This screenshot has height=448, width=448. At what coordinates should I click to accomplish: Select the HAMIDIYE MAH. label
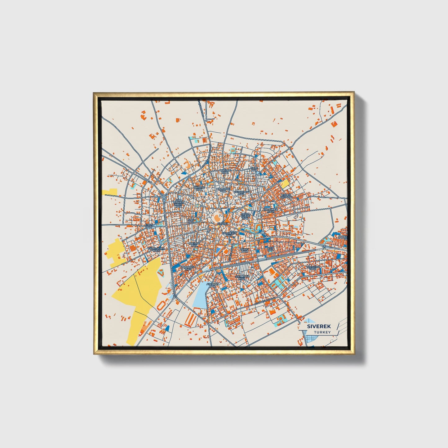tap(223, 190)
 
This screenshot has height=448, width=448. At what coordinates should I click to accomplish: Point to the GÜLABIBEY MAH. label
tap(242, 193)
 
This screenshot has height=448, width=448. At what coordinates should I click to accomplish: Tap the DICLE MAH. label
tap(254, 169)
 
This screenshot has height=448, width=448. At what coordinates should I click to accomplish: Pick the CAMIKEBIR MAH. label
tap(229, 234)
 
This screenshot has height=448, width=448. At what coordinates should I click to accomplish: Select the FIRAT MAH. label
tap(149, 226)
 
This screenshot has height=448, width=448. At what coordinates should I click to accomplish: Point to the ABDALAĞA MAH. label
tap(188, 268)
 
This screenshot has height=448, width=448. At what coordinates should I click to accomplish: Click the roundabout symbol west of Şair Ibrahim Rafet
tap(163, 197)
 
